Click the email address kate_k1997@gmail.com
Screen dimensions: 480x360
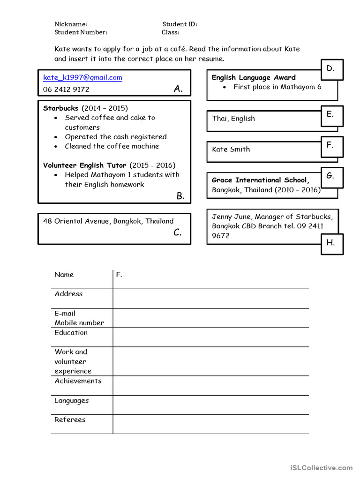click(82, 78)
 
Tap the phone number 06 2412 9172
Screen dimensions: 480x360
click(66, 90)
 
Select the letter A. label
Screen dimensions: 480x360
click(178, 89)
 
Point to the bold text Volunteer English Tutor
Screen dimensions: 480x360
click(85, 165)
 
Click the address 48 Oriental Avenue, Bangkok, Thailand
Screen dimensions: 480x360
click(108, 221)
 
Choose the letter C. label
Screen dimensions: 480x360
click(178, 232)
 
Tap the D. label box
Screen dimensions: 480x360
click(332, 69)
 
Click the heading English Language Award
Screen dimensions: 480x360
click(254, 78)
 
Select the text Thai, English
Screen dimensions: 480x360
click(233, 119)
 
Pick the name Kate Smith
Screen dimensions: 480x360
click(231, 150)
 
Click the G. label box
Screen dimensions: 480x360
click(332, 177)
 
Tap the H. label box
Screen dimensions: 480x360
click(332, 243)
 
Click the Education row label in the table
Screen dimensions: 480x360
click(71, 333)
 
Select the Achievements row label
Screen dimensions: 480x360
click(78, 381)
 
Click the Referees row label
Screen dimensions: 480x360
click(70, 420)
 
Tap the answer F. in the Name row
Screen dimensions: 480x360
click(119, 275)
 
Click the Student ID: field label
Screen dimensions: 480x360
click(180, 24)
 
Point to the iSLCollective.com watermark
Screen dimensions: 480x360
click(321, 467)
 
